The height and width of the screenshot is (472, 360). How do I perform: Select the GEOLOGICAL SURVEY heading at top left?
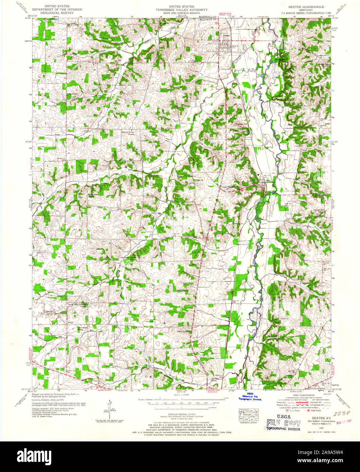[55, 13]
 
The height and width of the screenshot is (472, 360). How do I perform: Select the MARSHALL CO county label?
[208, 16]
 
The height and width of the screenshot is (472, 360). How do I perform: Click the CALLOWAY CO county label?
[207, 20]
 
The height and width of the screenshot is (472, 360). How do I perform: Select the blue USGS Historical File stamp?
[252, 397]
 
